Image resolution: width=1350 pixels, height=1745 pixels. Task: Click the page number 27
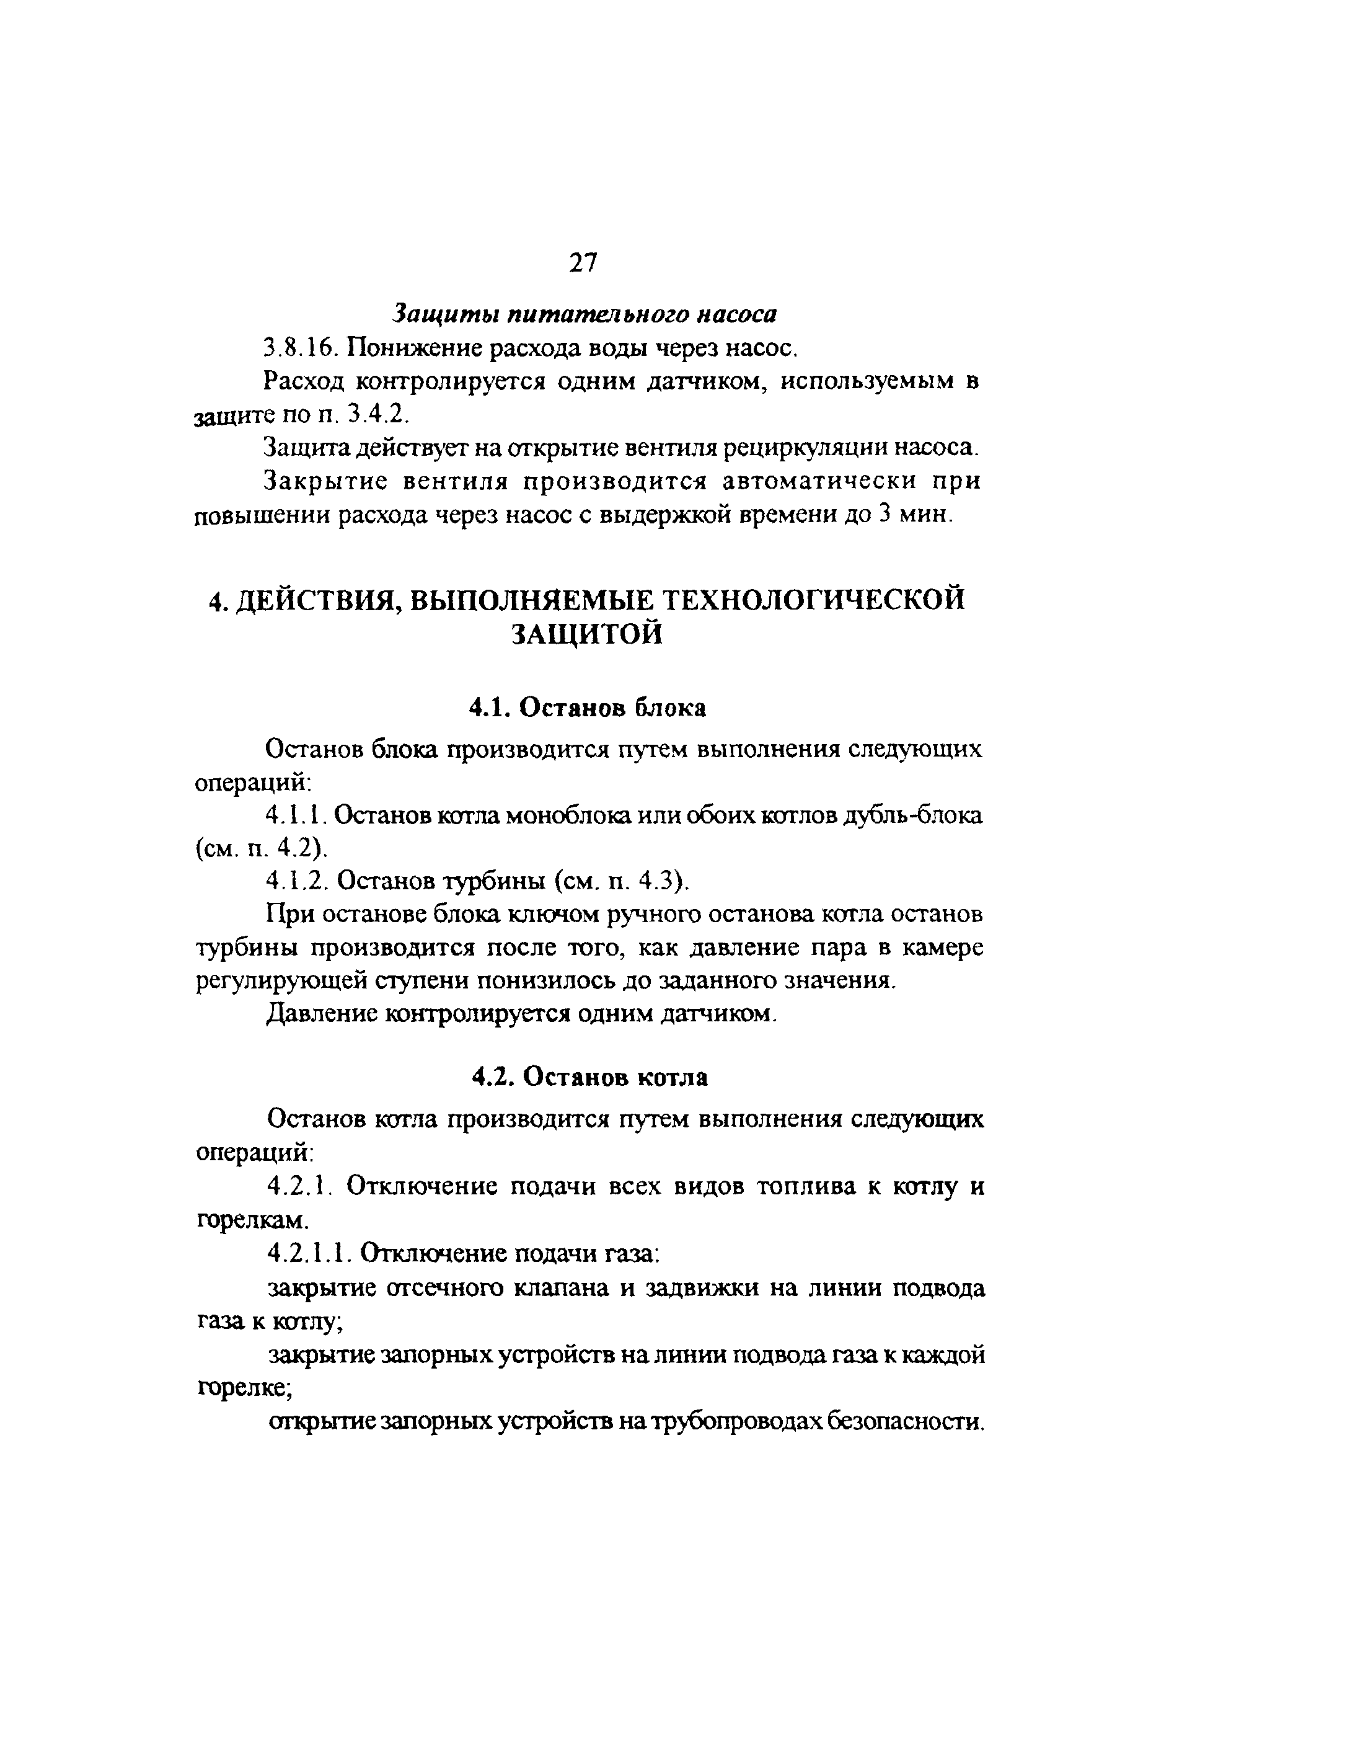coord(583,263)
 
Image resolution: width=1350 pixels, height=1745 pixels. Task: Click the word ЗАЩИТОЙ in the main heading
coord(586,634)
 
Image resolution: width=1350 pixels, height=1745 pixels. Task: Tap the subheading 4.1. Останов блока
coord(587,708)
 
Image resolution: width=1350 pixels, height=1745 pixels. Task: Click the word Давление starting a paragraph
coord(320,1014)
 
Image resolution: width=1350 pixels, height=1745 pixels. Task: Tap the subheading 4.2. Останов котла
coord(589,1078)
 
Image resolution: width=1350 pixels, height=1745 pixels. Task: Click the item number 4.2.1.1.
coord(310,1254)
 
